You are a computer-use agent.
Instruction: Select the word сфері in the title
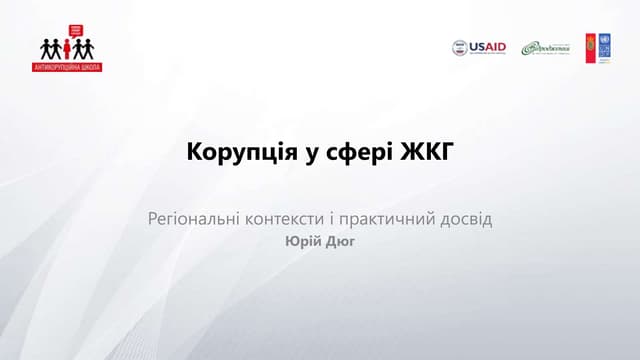tap(344, 154)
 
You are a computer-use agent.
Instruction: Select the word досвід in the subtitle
tap(466, 217)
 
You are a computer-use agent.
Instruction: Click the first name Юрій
tap(301, 241)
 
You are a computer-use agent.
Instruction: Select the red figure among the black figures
tap(69, 49)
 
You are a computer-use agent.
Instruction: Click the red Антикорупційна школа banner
tap(70, 66)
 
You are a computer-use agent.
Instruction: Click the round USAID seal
tap(460, 48)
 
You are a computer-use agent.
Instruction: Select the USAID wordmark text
tap(488, 47)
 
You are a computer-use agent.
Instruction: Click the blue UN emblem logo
tap(605, 47)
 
